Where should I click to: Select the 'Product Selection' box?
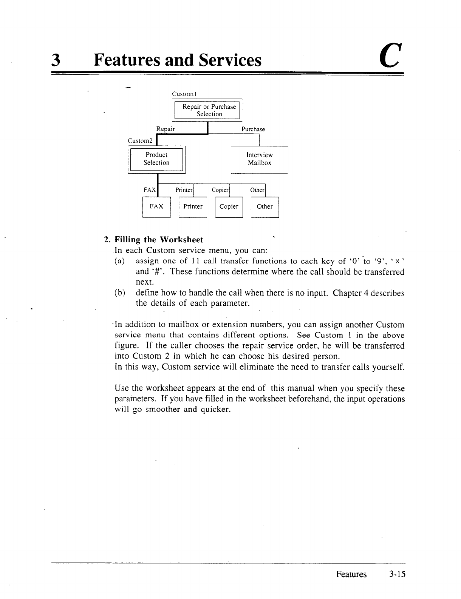[156, 159]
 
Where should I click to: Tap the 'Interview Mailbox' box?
[259, 159]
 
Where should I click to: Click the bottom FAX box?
[156, 206]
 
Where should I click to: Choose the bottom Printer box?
[193, 206]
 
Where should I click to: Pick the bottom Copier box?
[229, 206]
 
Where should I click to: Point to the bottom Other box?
[265, 206]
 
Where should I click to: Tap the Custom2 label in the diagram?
[140, 141]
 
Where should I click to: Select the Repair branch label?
[166, 129]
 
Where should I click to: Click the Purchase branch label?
[253, 129]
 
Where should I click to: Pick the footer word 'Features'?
[351, 574]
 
